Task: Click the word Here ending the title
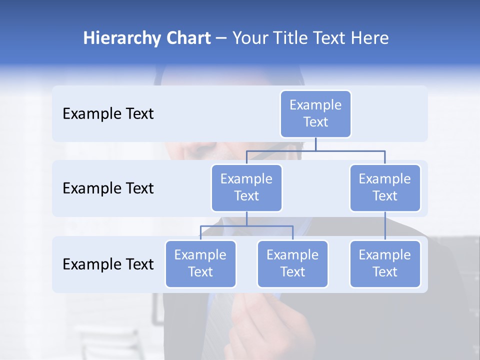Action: pyautogui.click(x=369, y=38)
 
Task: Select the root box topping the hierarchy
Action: pyautogui.click(x=315, y=113)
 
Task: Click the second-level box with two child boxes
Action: pyautogui.click(x=246, y=187)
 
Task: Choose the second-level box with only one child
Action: pyautogui.click(x=385, y=187)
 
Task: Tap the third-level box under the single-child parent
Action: pyautogui.click(x=385, y=263)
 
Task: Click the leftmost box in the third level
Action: pyautogui.click(x=200, y=263)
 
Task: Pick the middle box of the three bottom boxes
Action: pyautogui.click(x=292, y=263)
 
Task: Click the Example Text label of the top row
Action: pyautogui.click(x=108, y=114)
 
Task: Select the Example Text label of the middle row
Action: pyautogui.click(x=108, y=188)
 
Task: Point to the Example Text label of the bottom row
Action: pyautogui.click(x=108, y=264)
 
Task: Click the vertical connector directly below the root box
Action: pyautogui.click(x=315, y=144)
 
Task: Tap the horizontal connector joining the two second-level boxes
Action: pyautogui.click(x=315, y=150)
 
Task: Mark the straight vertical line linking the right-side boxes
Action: pyautogui.click(x=385, y=226)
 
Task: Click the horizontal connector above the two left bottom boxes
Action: pyautogui.click(x=246, y=226)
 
